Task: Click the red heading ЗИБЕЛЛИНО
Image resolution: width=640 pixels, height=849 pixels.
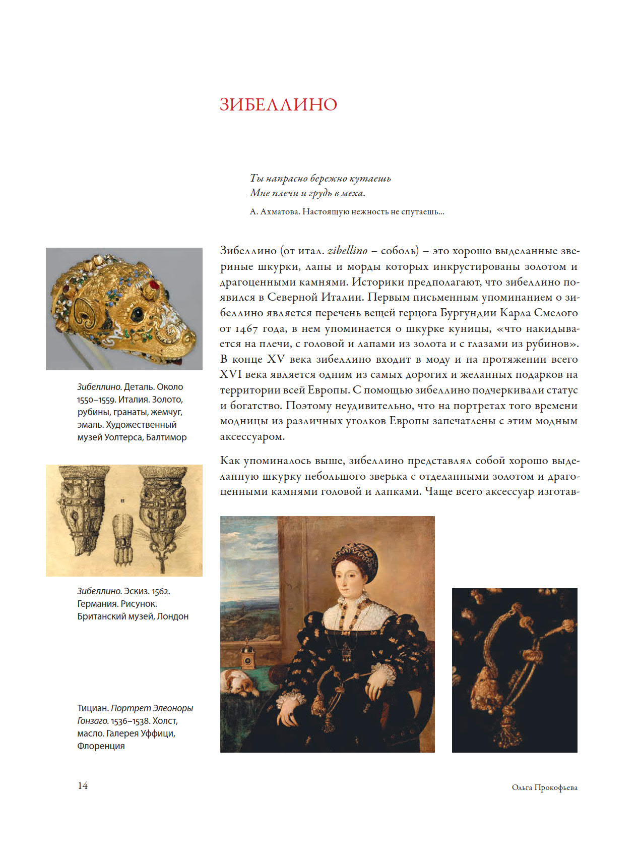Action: (278, 104)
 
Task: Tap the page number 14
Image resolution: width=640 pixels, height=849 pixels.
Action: (83, 785)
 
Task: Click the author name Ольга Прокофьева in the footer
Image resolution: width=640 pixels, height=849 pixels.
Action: (544, 787)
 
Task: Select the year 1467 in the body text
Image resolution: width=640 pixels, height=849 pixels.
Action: (246, 329)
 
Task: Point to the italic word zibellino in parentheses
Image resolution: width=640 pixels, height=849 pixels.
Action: (347, 251)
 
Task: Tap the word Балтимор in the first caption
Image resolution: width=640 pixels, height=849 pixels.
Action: (166, 437)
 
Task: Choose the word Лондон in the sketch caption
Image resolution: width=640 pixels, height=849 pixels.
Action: (173, 616)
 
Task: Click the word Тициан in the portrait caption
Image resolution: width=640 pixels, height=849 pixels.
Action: (92, 708)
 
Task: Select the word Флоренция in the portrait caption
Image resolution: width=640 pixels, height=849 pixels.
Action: (101, 746)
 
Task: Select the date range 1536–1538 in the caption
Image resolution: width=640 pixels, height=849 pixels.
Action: (130, 721)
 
